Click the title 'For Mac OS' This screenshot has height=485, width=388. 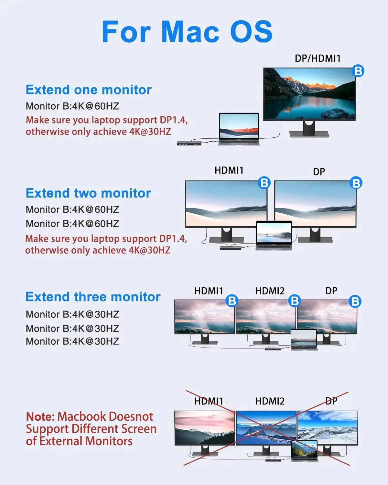[x=187, y=32]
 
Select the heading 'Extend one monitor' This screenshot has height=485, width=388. [x=88, y=90]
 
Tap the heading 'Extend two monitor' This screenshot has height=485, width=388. [x=88, y=193]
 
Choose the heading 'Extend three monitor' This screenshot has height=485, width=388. [x=93, y=297]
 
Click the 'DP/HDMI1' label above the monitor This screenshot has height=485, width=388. [x=318, y=59]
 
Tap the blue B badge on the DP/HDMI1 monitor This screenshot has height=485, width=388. [x=358, y=71]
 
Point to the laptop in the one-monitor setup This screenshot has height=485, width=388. [x=239, y=129]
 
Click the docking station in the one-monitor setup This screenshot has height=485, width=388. [x=189, y=143]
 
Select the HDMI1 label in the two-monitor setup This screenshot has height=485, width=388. [x=229, y=170]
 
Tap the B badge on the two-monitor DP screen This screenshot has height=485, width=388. [x=356, y=183]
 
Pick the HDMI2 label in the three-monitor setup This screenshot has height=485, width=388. [x=270, y=291]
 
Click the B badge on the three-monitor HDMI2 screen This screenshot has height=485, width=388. [x=295, y=301]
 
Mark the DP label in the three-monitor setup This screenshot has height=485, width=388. [x=331, y=291]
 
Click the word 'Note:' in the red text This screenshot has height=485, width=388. [x=40, y=416]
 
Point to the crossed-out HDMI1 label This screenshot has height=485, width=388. [x=209, y=401]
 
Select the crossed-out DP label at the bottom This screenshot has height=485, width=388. [x=331, y=401]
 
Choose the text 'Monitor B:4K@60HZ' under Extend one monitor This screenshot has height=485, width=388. [x=72, y=106]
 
